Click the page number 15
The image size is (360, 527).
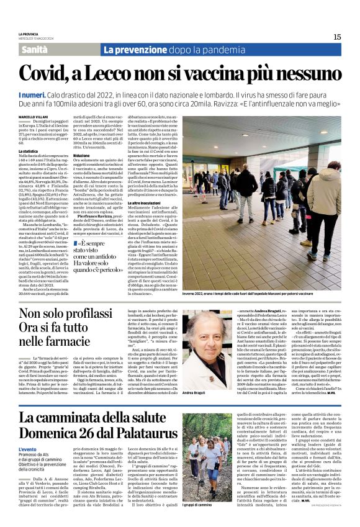click(x=337, y=37)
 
